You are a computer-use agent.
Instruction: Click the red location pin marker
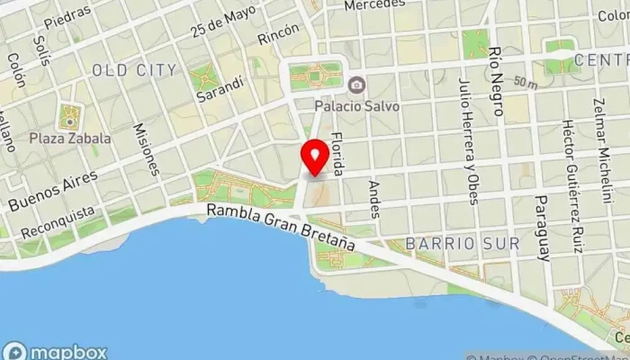point(314,157)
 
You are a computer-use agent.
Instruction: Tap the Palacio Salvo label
point(357,104)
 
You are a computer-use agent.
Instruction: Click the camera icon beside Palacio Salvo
point(357,85)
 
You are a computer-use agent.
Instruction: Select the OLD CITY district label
point(134,69)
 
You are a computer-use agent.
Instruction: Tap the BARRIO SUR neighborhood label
point(462,244)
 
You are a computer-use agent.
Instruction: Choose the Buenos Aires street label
point(51,183)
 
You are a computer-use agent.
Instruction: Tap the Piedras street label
point(67,15)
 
